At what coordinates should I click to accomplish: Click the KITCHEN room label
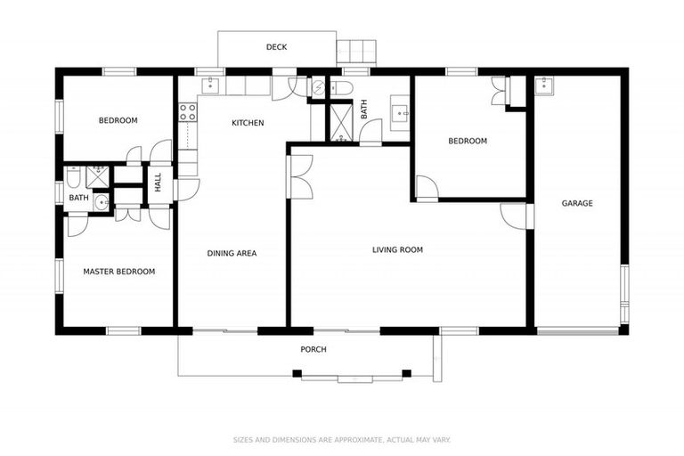[x=248, y=123]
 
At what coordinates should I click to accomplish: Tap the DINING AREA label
[x=232, y=254]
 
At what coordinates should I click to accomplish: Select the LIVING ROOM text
[x=397, y=250]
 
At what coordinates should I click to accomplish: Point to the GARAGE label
[x=576, y=204]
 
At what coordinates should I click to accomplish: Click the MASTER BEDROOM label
[x=118, y=272]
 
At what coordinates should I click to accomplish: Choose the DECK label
[x=276, y=47]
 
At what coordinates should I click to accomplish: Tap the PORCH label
[x=313, y=349]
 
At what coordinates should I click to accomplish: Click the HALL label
[x=159, y=182]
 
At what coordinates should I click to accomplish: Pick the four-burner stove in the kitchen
[x=188, y=112]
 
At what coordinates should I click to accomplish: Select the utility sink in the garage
[x=546, y=85]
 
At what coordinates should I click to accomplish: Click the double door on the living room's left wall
[x=301, y=176]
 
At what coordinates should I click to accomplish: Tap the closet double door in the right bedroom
[x=499, y=91]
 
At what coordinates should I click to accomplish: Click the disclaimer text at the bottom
[x=341, y=439]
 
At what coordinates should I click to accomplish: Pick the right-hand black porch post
[x=407, y=372]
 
